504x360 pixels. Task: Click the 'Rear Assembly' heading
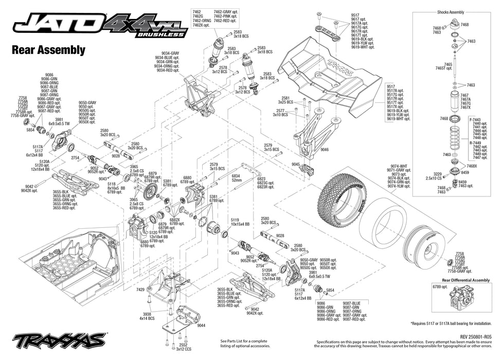[47, 50]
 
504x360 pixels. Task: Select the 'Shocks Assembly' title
[450, 12]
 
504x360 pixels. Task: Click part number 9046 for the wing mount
[324, 150]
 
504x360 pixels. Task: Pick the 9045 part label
[295, 165]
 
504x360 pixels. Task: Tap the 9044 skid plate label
[201, 325]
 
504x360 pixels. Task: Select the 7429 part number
[140, 290]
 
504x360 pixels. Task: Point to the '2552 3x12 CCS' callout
[183, 348]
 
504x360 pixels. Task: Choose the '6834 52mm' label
[237, 178]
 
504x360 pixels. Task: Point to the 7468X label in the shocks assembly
[472, 166]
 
